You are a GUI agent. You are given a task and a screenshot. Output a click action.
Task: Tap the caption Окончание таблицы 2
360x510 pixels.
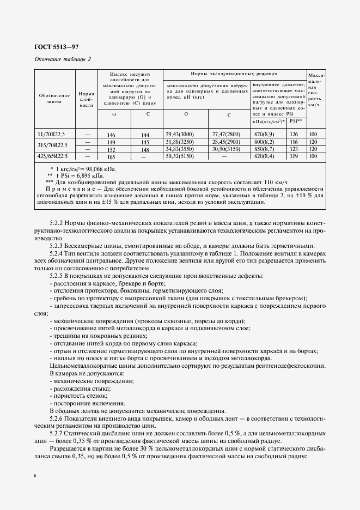coord(63,59)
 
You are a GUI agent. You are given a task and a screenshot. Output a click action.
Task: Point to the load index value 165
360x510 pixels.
coord(112,156)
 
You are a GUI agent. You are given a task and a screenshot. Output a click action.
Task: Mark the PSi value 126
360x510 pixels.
coord(294,133)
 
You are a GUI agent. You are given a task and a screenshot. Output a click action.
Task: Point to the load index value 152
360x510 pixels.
coord(112,149)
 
